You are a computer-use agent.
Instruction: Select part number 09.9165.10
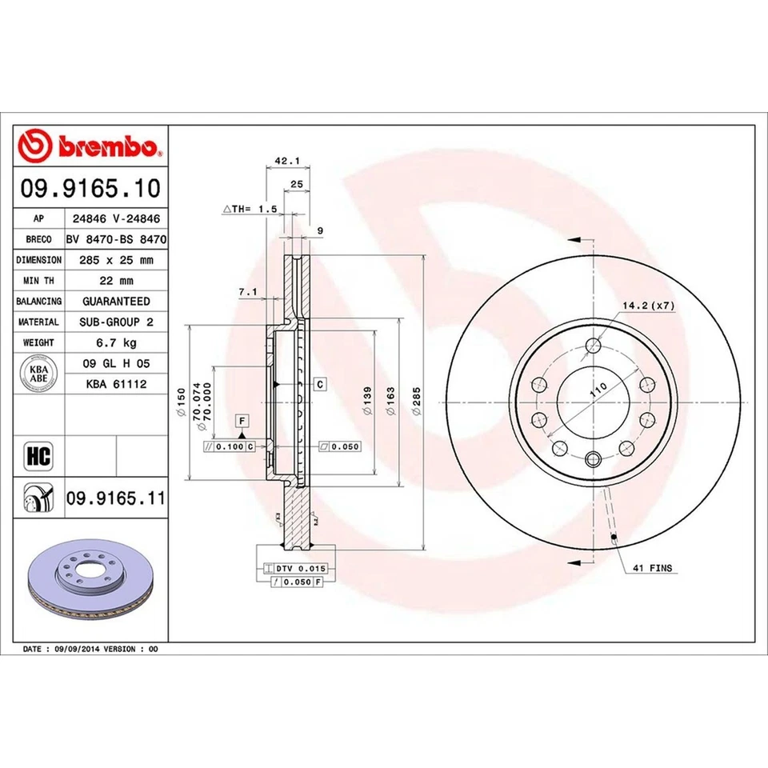pos(90,189)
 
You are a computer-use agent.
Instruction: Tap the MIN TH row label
pos(38,280)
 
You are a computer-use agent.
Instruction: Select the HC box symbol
pos(38,457)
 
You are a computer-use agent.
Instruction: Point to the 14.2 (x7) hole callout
pos(648,306)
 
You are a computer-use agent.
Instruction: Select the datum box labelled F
pos(240,421)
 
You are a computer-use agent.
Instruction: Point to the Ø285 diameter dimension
pos(416,399)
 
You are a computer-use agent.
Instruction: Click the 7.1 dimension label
pos(247,293)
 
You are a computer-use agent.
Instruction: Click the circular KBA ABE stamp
pos(38,374)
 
